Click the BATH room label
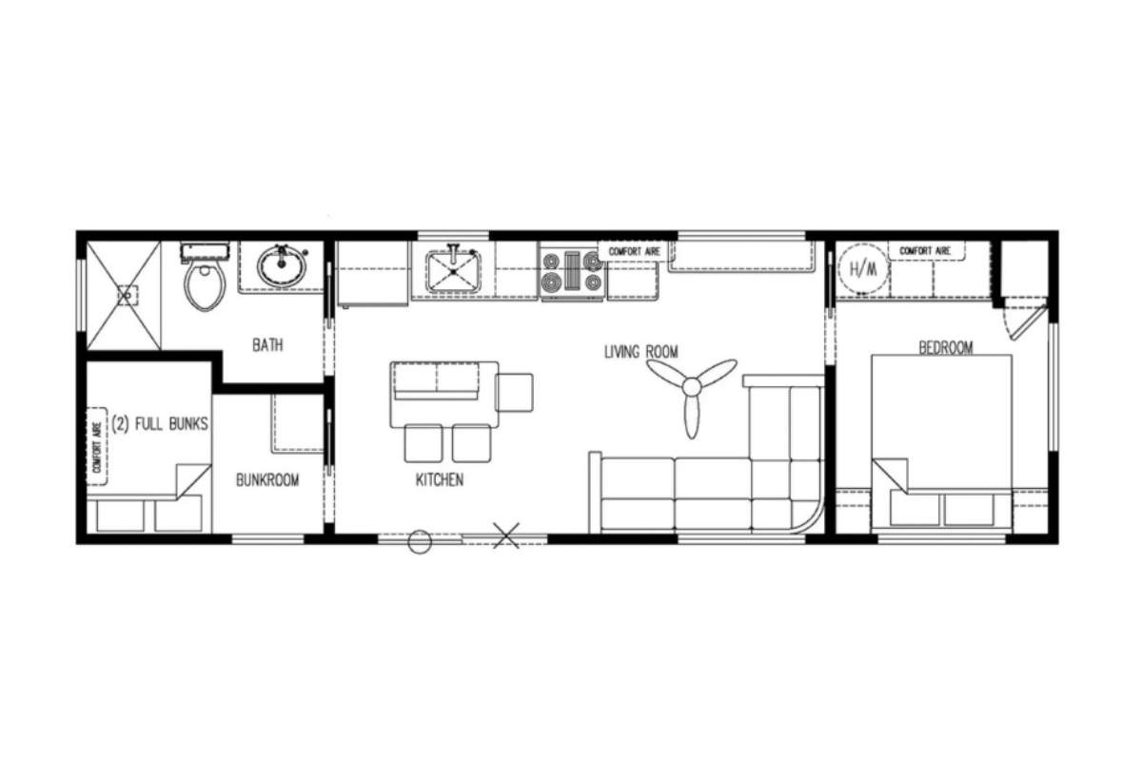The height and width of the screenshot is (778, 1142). click(x=267, y=345)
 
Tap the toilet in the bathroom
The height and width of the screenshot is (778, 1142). click(x=205, y=278)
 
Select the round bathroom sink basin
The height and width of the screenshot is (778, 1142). click(x=282, y=267)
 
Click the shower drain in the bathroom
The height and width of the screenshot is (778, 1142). click(x=127, y=296)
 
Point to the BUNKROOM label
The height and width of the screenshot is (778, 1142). click(x=267, y=480)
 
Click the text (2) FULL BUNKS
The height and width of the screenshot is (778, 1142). click(x=160, y=423)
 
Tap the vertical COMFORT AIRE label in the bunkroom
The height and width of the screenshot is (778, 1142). click(x=96, y=446)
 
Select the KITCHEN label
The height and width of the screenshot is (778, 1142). click(x=440, y=480)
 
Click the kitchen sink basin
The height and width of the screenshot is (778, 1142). click(x=454, y=272)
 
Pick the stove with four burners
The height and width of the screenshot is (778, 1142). click(x=573, y=273)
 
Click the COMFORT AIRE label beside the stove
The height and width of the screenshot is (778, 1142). click(x=634, y=252)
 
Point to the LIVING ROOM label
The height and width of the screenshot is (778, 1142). click(x=641, y=352)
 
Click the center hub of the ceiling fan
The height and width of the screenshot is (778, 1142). click(x=691, y=388)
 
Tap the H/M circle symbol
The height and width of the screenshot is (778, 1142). click(x=862, y=269)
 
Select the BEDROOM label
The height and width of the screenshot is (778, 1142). click(x=946, y=347)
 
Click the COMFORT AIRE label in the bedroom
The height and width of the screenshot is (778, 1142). click(x=925, y=251)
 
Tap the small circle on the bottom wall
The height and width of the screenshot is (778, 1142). click(x=420, y=542)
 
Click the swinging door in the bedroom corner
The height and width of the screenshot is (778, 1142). click(x=1026, y=321)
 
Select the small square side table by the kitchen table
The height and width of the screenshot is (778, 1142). click(x=514, y=392)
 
